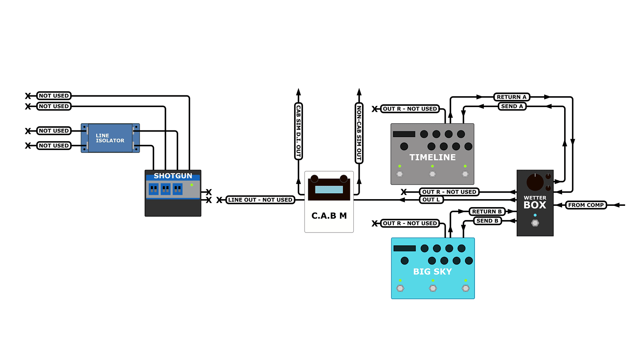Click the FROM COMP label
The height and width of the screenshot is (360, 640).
(586, 205)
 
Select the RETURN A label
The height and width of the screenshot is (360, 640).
(511, 97)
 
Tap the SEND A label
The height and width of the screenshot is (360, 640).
(512, 106)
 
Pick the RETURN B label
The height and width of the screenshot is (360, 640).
(487, 212)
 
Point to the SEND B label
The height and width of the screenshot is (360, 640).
(487, 221)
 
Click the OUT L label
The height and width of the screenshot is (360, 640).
(431, 200)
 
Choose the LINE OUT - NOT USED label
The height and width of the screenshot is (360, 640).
(260, 200)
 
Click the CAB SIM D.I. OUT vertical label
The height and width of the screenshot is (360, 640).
(298, 131)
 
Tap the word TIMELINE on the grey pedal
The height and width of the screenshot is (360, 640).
(432, 157)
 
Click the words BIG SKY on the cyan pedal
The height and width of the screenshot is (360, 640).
(432, 272)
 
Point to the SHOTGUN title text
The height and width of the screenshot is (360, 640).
(173, 176)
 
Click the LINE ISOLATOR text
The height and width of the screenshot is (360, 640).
(110, 138)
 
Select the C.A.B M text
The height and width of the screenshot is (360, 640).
(329, 216)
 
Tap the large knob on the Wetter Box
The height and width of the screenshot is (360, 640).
(535, 182)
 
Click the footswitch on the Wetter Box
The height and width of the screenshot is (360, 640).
(535, 223)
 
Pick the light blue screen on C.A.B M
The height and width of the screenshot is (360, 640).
(329, 190)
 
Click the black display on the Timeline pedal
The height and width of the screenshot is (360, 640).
(404, 134)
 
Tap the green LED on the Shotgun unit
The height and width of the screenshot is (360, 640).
(192, 185)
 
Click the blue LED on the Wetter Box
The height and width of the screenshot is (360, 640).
(535, 215)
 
